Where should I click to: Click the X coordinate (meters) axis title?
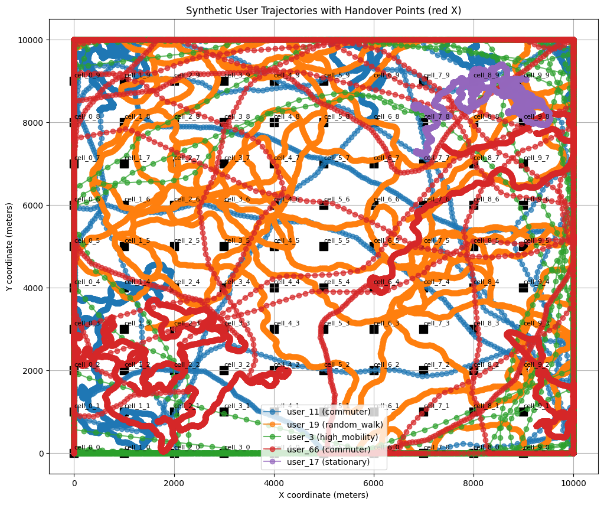(323, 494)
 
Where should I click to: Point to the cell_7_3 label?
(437, 323)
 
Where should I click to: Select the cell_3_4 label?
(237, 282)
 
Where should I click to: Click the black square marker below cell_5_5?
(324, 246)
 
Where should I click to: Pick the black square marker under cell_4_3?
(274, 329)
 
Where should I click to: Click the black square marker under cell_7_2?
(423, 370)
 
